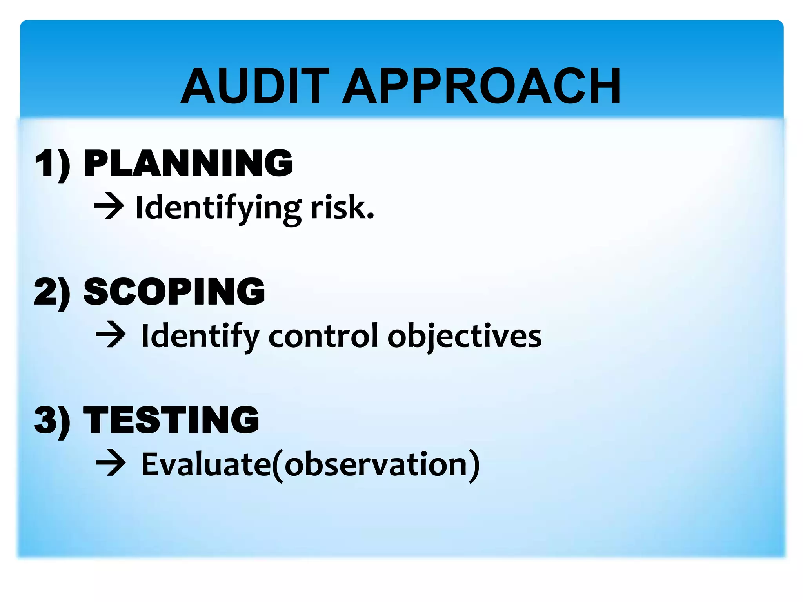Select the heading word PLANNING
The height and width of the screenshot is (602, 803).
(x=188, y=163)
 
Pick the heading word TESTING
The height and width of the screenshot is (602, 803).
(x=171, y=420)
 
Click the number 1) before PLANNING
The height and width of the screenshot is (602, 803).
(x=53, y=164)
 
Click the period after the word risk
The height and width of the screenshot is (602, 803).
(x=370, y=216)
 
